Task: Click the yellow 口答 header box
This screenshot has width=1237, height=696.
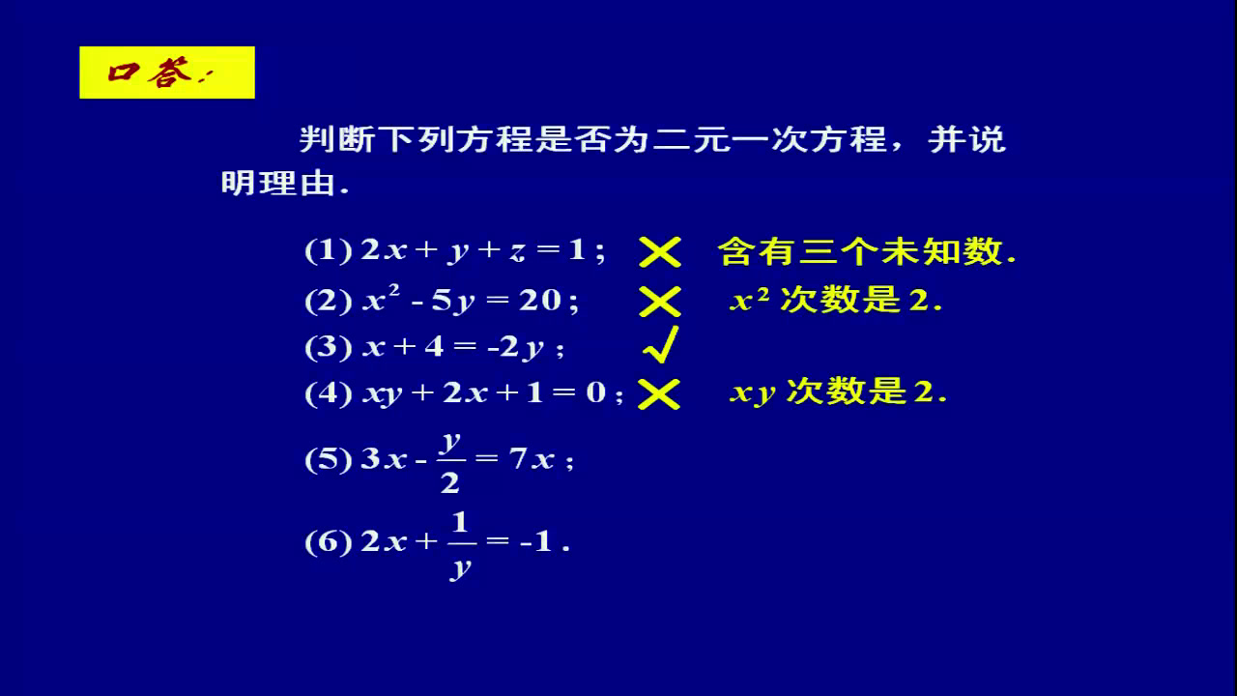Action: [x=167, y=72]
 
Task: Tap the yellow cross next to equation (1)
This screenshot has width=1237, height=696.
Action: [x=660, y=252]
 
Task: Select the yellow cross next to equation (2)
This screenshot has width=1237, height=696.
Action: [x=660, y=302]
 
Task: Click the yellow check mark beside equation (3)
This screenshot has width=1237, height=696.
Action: [x=661, y=345]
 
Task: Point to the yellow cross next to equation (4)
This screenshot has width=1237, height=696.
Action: [x=659, y=394]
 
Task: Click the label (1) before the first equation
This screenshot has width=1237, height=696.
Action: [x=329, y=250]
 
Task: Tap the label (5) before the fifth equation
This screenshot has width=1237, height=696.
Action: [x=329, y=459]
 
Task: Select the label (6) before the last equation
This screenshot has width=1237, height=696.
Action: [x=329, y=542]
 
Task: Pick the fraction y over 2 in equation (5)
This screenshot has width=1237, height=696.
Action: [x=450, y=462]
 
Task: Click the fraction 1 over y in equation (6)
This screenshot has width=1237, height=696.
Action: [x=460, y=545]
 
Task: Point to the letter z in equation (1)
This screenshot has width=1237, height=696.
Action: [x=517, y=252]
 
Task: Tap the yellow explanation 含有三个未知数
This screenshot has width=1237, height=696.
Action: [x=867, y=252]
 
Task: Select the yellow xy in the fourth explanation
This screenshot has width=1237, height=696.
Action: [x=753, y=393]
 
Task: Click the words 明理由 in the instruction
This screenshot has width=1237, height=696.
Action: [x=279, y=183]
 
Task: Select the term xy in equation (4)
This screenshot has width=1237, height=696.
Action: [x=382, y=394]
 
